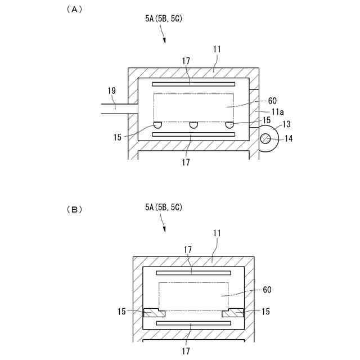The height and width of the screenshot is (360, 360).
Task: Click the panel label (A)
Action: (x=74, y=9)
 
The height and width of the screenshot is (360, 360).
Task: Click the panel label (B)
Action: (x=74, y=210)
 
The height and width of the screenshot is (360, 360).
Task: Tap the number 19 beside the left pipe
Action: (x=111, y=90)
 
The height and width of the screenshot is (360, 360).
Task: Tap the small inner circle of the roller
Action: (x=265, y=138)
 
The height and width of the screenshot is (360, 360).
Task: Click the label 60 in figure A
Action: (x=272, y=101)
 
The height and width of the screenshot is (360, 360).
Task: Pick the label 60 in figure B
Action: (x=268, y=290)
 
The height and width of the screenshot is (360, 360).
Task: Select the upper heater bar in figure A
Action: (x=193, y=83)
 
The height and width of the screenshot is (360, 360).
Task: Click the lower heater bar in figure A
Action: (x=193, y=135)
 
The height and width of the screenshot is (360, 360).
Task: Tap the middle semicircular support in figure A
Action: (x=193, y=125)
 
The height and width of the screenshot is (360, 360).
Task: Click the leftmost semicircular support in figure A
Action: (x=159, y=125)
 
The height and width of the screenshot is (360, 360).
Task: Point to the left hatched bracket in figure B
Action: (x=152, y=312)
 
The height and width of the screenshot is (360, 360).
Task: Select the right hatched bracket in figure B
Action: (x=233, y=312)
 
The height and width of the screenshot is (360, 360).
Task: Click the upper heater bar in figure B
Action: (x=193, y=272)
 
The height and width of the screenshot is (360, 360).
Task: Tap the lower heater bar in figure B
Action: (x=193, y=323)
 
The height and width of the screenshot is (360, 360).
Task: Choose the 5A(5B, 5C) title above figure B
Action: (x=163, y=208)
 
